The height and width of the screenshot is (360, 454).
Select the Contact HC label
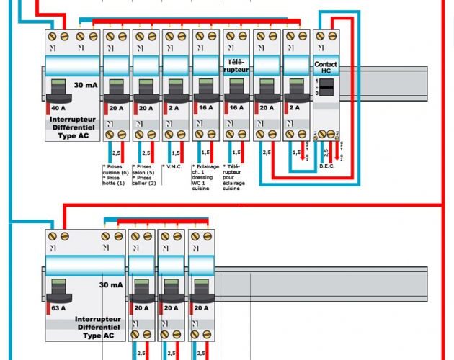coord(326,68)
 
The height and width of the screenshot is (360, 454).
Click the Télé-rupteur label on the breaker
coord(237,67)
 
